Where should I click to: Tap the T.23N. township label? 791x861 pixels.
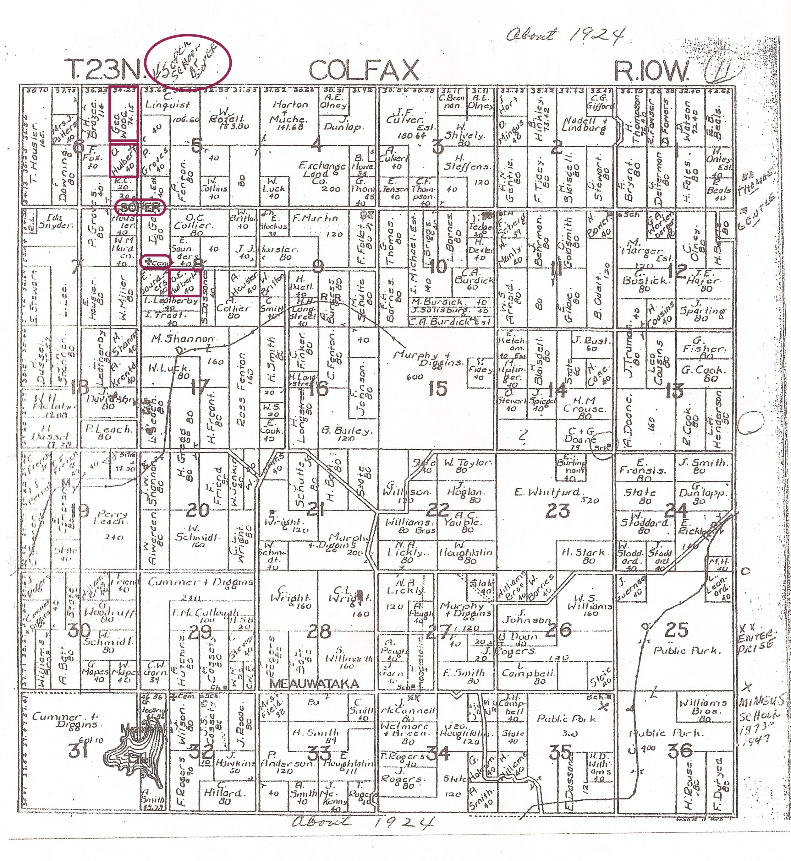(x=103, y=69)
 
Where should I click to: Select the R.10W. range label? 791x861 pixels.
(x=651, y=71)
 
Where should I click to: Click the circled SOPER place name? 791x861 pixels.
(x=140, y=208)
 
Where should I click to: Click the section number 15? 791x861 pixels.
(x=437, y=388)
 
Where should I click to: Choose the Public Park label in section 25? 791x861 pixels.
(x=687, y=651)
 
